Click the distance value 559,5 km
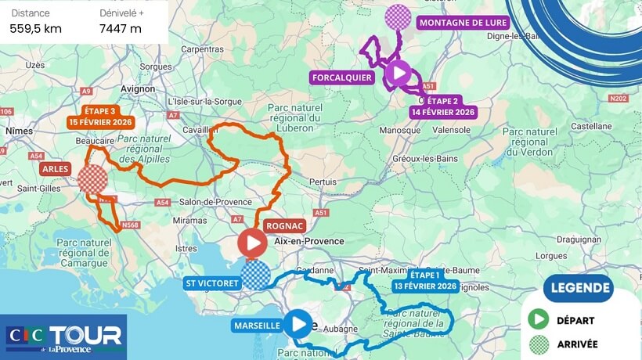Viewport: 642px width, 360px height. coord(36,29)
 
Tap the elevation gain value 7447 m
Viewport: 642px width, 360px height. coord(121,29)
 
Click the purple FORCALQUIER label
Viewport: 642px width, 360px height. coord(341,77)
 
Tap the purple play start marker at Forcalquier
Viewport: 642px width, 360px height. coord(398,74)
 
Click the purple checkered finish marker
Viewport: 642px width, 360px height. coord(399,16)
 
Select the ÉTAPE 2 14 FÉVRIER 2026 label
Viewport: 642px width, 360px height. coord(442,106)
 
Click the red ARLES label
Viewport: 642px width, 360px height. coord(57,168)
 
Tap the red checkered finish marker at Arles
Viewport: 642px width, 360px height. coord(92,178)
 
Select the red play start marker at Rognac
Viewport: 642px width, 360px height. coord(252,243)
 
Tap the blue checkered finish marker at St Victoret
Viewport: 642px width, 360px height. coord(255,275)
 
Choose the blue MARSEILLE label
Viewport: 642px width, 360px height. coord(256,325)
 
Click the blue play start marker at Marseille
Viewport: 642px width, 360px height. coord(298,323)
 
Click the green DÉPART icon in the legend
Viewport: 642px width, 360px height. coord(538,320)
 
